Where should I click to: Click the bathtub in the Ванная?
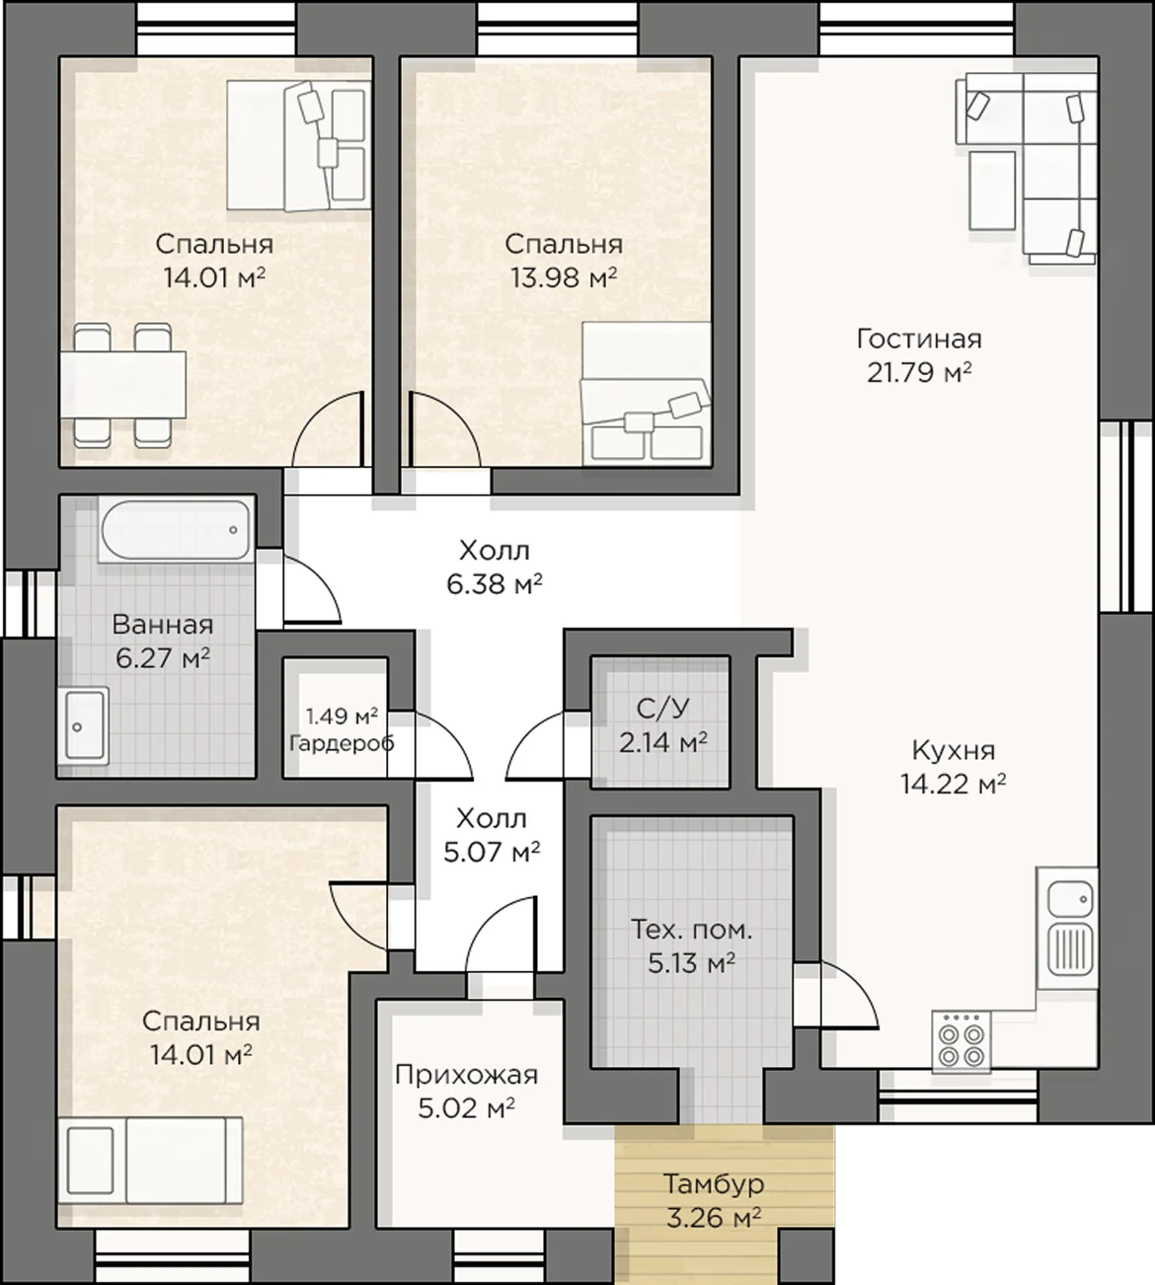177,530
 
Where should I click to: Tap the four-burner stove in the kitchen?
961,1042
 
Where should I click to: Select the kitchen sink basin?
1070,898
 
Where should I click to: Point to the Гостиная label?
919,340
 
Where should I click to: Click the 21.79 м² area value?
920,372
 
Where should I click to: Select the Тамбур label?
714,1184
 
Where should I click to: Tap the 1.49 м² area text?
342,717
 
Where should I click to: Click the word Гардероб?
342,743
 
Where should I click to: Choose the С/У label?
662,709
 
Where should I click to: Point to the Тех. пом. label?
692,931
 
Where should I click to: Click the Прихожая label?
466,1075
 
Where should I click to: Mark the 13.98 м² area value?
565,277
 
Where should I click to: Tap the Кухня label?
954,751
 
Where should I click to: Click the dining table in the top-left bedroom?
123,385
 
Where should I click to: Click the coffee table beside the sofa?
992,190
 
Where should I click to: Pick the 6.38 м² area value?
495,584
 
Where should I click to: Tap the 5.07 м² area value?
492,853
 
